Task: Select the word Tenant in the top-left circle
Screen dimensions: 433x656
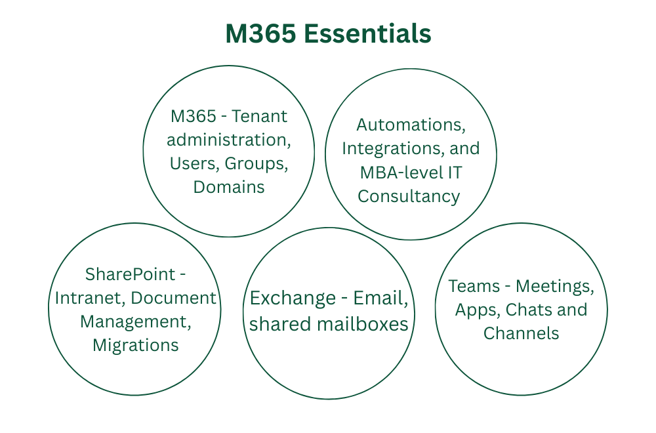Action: (260, 116)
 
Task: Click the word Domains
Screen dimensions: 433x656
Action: (229, 187)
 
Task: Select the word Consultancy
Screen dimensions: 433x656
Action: (409, 196)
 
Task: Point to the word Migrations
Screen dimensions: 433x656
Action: (135, 345)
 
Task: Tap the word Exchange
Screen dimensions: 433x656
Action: (293, 298)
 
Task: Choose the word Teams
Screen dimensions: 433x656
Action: (473, 286)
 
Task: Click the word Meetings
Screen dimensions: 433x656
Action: (555, 286)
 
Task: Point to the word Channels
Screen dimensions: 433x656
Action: (522, 333)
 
